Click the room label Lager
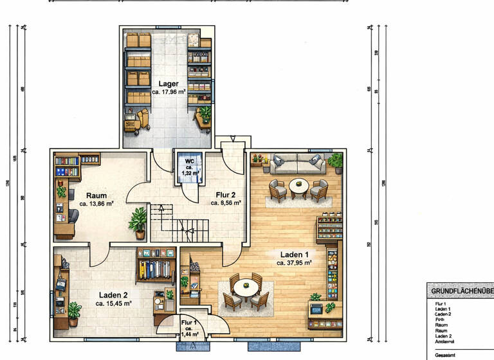(169, 84)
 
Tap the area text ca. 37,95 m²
(294, 262)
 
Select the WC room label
(190, 161)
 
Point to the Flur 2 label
(226, 194)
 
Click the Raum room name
(96, 195)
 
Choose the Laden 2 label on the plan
(113, 294)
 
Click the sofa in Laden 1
(297, 164)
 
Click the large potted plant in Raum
(138, 222)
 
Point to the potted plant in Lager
(205, 113)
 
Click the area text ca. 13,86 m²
(96, 203)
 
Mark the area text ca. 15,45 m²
(113, 303)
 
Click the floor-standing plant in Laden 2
(74, 313)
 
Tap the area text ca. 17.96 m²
(169, 92)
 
